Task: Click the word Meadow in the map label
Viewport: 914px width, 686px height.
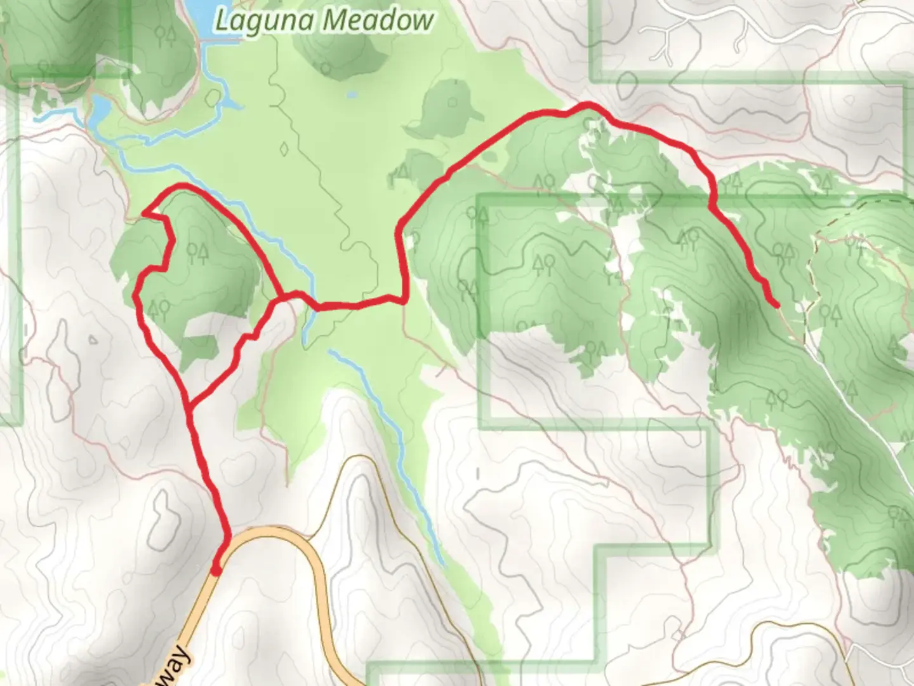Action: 378,21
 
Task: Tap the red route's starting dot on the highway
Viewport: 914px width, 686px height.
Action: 216,570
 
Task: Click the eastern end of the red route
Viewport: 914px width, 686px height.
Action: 776,306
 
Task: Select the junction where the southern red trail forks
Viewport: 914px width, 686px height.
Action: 189,404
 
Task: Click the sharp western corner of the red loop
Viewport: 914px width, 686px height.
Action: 145,214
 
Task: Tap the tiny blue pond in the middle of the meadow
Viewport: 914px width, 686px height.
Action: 351,96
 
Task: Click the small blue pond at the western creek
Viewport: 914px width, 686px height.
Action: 100,111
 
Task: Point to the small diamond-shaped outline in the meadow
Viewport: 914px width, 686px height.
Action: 284,149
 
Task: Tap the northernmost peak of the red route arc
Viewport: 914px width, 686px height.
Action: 587,105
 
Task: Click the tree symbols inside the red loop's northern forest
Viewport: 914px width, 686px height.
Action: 197,254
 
